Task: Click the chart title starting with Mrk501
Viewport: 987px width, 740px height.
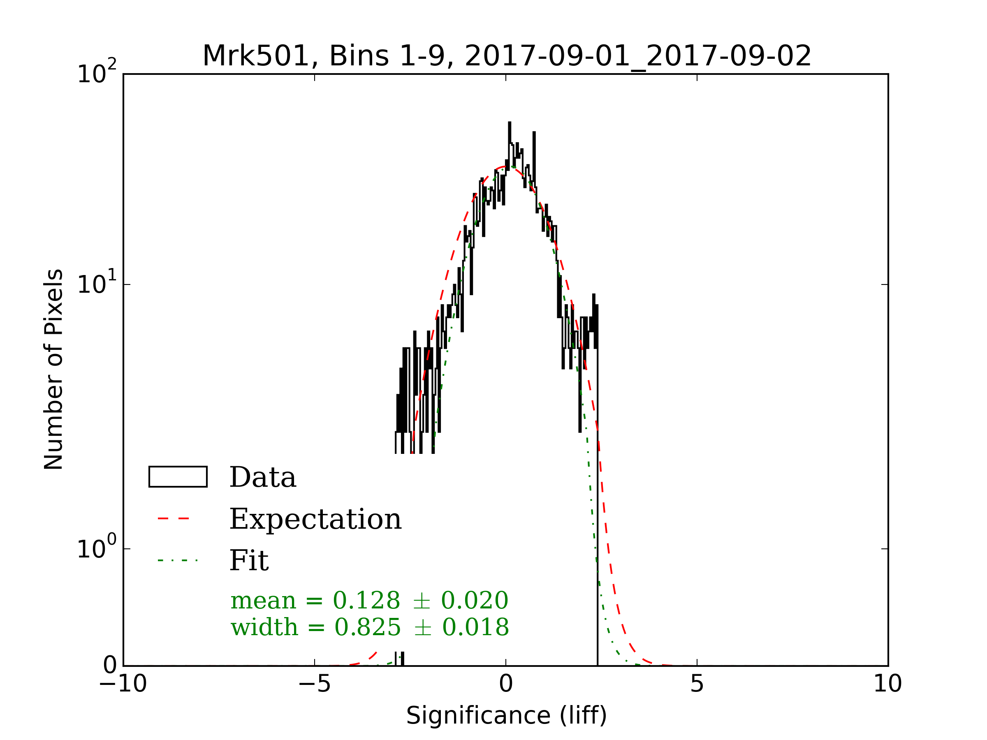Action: pos(506,56)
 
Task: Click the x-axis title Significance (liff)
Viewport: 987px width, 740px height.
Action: pos(506,716)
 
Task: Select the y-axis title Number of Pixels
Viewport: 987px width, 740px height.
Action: pos(53,369)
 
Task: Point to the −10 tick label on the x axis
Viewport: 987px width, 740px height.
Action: pos(123,684)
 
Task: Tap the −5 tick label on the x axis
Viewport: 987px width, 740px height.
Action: pos(314,684)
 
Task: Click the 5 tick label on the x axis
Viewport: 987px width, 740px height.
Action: pos(697,684)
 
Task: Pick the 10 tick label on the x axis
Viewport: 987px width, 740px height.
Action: pos(887,684)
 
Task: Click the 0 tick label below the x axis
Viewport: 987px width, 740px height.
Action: pos(505,684)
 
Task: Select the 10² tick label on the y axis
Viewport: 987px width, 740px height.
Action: pos(96,73)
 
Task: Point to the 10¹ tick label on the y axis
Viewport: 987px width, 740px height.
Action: pos(96,284)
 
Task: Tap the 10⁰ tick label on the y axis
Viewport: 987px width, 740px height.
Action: pos(96,548)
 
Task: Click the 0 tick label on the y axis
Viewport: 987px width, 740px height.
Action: pos(110,666)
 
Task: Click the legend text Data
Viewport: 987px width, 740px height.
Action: pos(262,477)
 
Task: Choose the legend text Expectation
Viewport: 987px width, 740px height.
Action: pos(315,519)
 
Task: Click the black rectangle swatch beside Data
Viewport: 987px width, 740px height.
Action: pos(178,477)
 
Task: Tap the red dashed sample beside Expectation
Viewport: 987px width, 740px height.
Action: pos(174,519)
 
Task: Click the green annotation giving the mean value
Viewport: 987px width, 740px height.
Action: pos(369,600)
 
